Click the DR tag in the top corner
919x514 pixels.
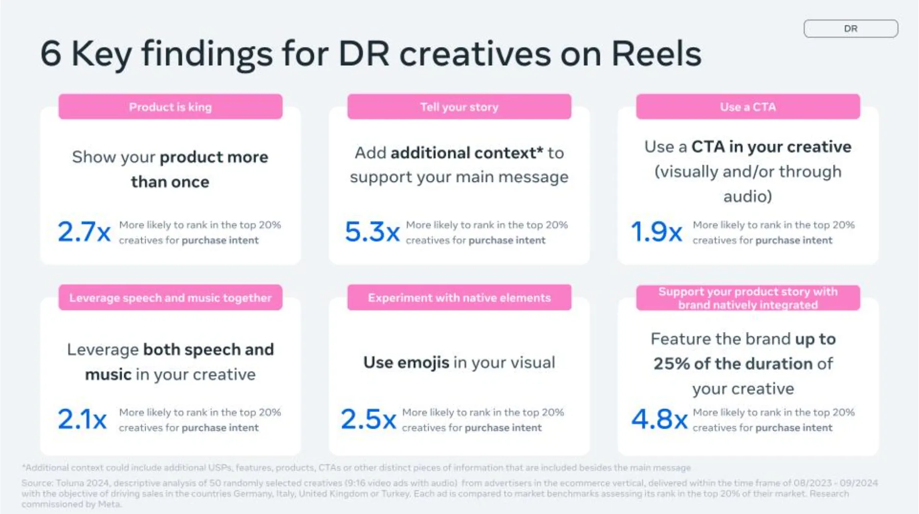coord(850,28)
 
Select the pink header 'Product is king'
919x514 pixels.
coord(170,107)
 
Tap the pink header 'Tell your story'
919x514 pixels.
coord(459,107)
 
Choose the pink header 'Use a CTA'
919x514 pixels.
coord(747,107)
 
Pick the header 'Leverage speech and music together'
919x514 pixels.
coord(170,298)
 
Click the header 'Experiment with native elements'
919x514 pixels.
coord(459,298)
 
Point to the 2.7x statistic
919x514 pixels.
coord(84,231)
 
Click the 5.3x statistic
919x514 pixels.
coord(372,231)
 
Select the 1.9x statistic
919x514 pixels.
coord(656,231)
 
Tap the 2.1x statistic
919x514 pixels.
coord(82,419)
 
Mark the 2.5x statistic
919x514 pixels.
coord(368,419)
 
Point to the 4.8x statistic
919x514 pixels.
coord(659,419)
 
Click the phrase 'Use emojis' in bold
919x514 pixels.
coord(406,362)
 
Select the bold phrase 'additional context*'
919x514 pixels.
coord(467,153)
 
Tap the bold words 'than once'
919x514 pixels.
coord(170,182)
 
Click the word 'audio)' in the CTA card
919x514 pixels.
coord(747,197)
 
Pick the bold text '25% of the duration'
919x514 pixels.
coord(733,364)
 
